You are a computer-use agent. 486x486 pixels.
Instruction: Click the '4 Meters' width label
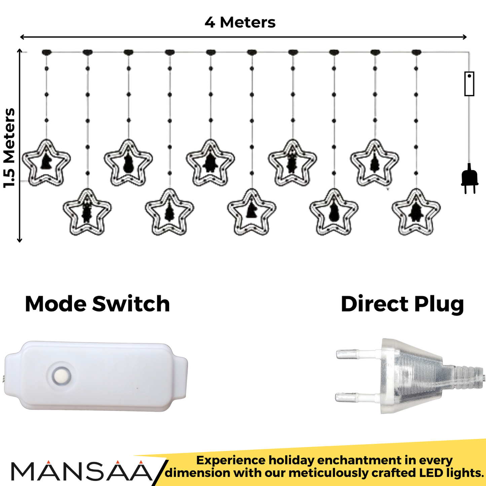click(x=240, y=23)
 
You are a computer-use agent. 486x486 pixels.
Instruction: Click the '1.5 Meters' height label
click(x=9, y=148)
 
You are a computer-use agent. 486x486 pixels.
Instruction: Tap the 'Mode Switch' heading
click(x=97, y=304)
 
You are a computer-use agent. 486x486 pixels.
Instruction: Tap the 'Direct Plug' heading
click(x=402, y=304)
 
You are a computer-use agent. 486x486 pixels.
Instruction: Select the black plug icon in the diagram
click(x=470, y=178)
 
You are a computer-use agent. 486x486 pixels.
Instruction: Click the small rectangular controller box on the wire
click(x=469, y=83)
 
